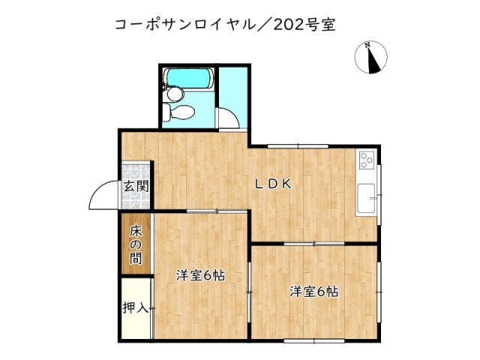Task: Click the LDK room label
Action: tap(271, 184)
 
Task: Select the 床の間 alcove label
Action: tap(136, 244)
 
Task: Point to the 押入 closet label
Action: tap(136, 307)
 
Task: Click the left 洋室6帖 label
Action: tap(200, 274)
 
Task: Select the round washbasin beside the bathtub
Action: tap(172, 93)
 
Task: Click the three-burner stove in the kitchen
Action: tap(366, 160)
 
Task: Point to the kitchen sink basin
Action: tap(367, 198)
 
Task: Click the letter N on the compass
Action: tap(367, 45)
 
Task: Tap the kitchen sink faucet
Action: tap(379, 196)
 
